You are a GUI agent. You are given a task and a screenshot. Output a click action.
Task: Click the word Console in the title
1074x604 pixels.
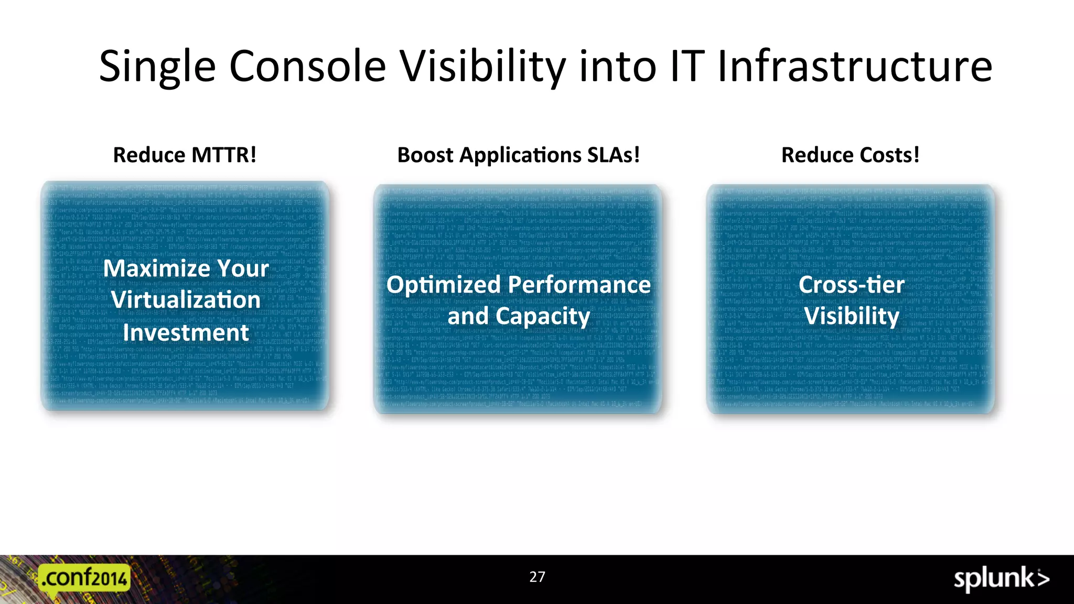coord(307,67)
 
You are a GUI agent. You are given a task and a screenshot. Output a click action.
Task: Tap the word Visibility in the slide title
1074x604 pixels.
coord(482,67)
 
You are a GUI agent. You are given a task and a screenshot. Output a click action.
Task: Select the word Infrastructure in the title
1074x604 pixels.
coord(854,67)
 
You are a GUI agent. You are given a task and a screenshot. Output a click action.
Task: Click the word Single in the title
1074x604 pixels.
coord(157,67)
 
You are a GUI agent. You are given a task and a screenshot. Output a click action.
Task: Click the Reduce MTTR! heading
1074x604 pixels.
coord(185,155)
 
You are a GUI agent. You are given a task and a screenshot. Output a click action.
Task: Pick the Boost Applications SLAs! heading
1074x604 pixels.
coord(518,155)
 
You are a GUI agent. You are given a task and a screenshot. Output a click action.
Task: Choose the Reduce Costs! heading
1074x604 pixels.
coord(850,155)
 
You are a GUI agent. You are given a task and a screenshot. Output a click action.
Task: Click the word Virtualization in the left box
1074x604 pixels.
coord(186,300)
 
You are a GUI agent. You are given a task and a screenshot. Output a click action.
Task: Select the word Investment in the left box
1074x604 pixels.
coord(186,333)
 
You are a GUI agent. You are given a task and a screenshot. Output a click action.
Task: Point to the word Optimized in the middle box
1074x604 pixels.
coord(444,285)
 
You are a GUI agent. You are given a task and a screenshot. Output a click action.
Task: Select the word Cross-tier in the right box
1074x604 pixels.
coord(851,285)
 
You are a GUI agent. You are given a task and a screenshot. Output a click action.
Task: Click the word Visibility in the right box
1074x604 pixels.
coord(851,316)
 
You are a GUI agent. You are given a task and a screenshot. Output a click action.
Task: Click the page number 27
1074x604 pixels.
coord(537,577)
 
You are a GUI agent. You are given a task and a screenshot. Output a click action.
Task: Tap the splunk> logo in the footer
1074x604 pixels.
coord(1001,579)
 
